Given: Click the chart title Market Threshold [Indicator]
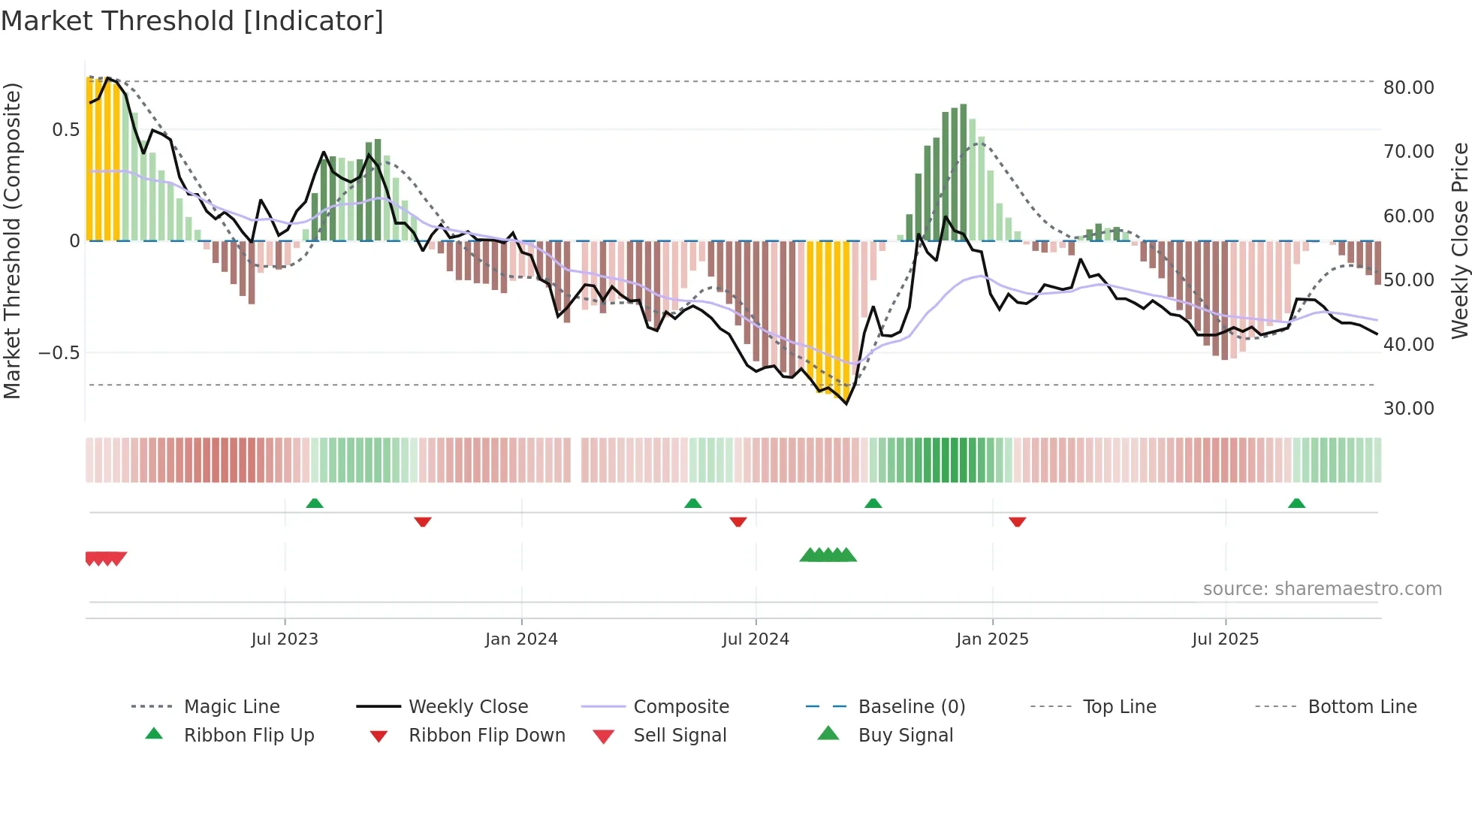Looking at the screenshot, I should [x=192, y=21].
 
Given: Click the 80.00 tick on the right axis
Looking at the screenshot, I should [x=1408, y=88].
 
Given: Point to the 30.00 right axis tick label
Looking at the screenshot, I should [x=1408, y=409].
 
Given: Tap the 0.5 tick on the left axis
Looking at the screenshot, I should [x=65, y=130].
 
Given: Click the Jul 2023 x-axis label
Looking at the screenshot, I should [x=285, y=639].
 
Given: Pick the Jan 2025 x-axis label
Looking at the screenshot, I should [x=992, y=639].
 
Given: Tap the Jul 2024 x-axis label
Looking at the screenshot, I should [x=756, y=639].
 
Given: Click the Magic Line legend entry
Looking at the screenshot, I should [x=231, y=707].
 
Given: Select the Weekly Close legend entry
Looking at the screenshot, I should [x=468, y=707].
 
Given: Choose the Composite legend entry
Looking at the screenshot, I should [x=681, y=707].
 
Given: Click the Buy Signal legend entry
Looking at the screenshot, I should [x=905, y=736].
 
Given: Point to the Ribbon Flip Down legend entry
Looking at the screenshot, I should [x=487, y=736].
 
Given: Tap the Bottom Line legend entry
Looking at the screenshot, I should [x=1362, y=707].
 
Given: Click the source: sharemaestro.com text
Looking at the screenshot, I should [x=1322, y=589].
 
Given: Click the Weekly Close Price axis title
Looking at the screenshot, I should [x=1459, y=240].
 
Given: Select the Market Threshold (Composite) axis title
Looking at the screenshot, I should [x=12, y=240].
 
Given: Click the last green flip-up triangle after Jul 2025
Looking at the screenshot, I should [x=1296, y=503].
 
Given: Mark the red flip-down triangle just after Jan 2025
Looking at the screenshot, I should [x=1018, y=521].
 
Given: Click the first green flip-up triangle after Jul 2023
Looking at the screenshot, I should [x=315, y=503].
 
